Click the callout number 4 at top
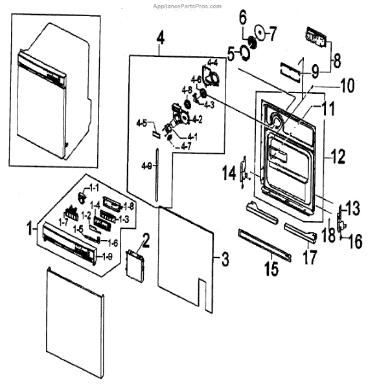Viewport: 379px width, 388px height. click(x=160, y=38)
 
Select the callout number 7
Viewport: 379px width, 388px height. click(x=273, y=31)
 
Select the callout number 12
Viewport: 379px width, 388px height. click(x=339, y=156)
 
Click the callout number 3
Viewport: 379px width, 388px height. click(x=224, y=261)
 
